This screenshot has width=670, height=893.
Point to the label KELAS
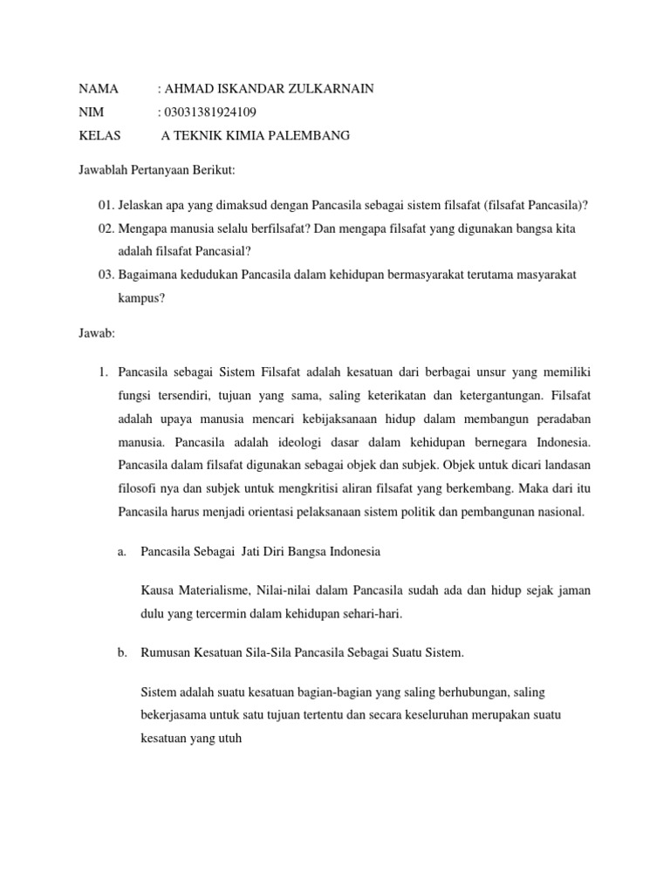pos(99,135)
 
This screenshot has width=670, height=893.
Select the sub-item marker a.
pos(122,552)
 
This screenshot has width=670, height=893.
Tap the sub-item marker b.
pos(122,653)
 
